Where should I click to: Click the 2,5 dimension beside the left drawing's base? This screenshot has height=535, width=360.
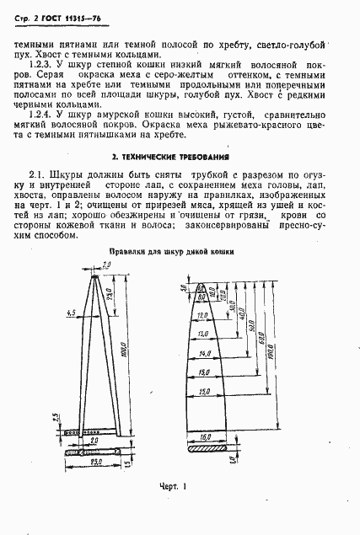pos(53,418)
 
